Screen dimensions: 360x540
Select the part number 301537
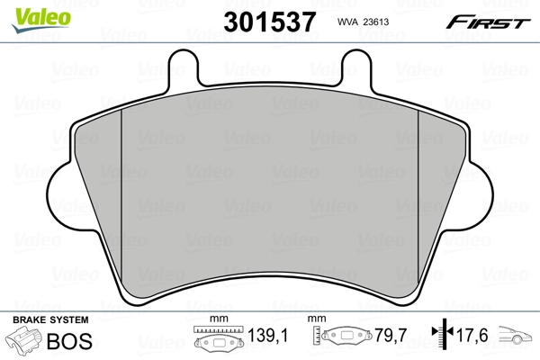click(266, 20)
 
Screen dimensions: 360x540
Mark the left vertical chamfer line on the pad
click(121, 198)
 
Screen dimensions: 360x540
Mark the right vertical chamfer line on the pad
click(418, 198)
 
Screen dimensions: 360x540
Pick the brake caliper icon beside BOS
click(26, 343)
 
